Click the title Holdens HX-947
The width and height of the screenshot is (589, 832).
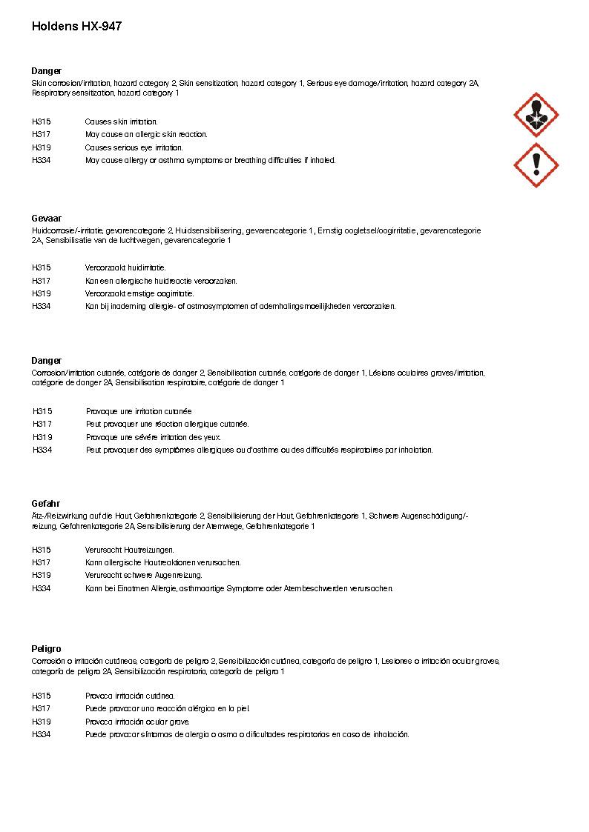point(76,27)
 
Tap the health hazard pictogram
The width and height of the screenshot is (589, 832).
point(536,115)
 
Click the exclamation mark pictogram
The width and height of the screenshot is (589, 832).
point(536,164)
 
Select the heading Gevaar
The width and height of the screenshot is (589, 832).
point(46,219)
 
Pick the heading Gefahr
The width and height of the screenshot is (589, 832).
point(45,504)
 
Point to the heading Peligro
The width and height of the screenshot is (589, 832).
point(46,648)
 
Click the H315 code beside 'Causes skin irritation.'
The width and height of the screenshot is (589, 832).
point(42,122)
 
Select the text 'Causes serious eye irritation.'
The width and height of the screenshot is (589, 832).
point(134,147)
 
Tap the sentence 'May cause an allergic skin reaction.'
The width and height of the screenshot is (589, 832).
point(146,135)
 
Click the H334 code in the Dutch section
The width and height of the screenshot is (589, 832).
point(42,307)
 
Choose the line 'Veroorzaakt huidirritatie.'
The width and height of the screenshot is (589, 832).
point(125,267)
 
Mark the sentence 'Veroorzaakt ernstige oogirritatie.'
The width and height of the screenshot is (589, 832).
point(139,293)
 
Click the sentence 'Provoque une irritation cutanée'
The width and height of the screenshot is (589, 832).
point(139,411)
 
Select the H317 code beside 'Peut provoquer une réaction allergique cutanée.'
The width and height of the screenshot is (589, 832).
point(42,425)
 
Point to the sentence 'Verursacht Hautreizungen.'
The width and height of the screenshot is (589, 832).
point(129,550)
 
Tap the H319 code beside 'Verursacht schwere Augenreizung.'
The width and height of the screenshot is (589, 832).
point(42,575)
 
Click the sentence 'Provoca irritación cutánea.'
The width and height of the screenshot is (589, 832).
point(130,696)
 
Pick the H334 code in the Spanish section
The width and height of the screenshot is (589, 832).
point(42,735)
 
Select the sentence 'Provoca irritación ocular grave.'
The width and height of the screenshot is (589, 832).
point(137,722)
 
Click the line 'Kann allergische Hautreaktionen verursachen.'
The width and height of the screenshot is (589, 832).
point(162,562)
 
